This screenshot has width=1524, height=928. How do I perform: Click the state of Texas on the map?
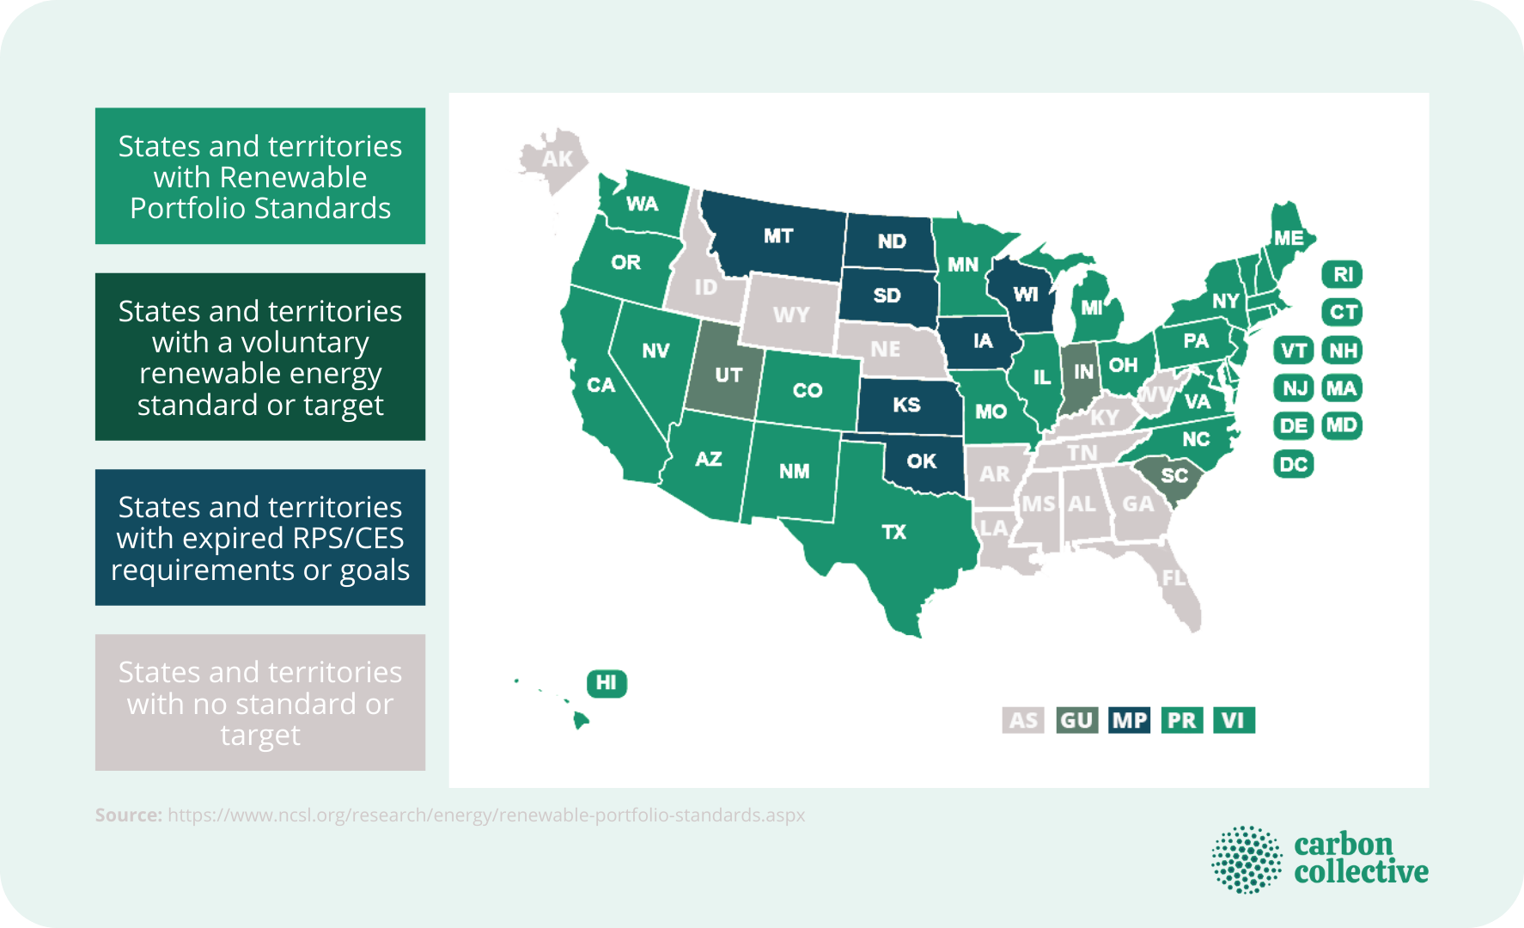point(893,533)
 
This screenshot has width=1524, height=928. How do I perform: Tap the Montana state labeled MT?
point(777,236)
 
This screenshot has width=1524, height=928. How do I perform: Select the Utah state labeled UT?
point(728,375)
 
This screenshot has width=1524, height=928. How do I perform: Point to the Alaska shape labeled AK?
point(557,159)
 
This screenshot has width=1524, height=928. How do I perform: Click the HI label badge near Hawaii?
point(607,683)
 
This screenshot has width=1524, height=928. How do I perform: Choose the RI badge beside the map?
point(1342,275)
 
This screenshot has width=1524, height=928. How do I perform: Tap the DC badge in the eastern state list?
point(1293,465)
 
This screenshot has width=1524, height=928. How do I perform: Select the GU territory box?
point(1076,720)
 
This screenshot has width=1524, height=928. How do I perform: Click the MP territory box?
point(1129,720)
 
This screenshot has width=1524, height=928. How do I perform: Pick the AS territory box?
point(1022,720)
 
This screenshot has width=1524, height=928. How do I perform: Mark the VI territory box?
point(1234,720)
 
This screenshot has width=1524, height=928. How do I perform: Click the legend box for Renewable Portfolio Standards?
point(260,176)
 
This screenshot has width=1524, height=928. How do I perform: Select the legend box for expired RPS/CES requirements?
point(260,538)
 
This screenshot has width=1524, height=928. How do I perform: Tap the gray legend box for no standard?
point(260,703)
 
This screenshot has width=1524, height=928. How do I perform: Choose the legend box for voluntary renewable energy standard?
point(260,357)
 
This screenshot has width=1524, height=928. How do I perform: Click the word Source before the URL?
point(128,815)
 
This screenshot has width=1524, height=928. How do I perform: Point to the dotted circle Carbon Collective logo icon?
point(1246,859)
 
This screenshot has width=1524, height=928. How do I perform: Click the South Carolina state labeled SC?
point(1173,475)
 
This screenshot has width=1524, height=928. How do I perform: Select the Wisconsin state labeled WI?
point(1025,295)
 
